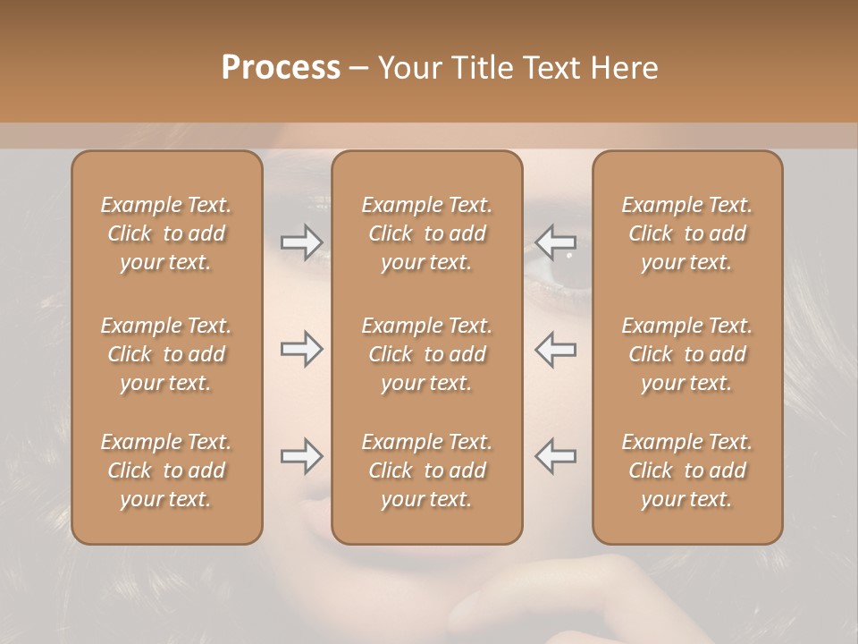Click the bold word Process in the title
pos(281,68)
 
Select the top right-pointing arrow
pos(301,242)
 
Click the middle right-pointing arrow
pos(301,349)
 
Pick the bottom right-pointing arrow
pos(301,456)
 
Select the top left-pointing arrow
pos(556,242)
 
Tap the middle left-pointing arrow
pos(556,349)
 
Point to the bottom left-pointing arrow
pos(556,456)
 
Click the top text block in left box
pos(166,233)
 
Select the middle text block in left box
pos(166,354)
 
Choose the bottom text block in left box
pos(166,470)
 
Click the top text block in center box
pos(427,233)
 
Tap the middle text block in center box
pos(427,354)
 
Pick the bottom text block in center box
pos(427,470)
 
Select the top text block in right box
pos(687,233)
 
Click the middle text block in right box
pos(687,354)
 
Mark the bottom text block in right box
pos(687,470)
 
